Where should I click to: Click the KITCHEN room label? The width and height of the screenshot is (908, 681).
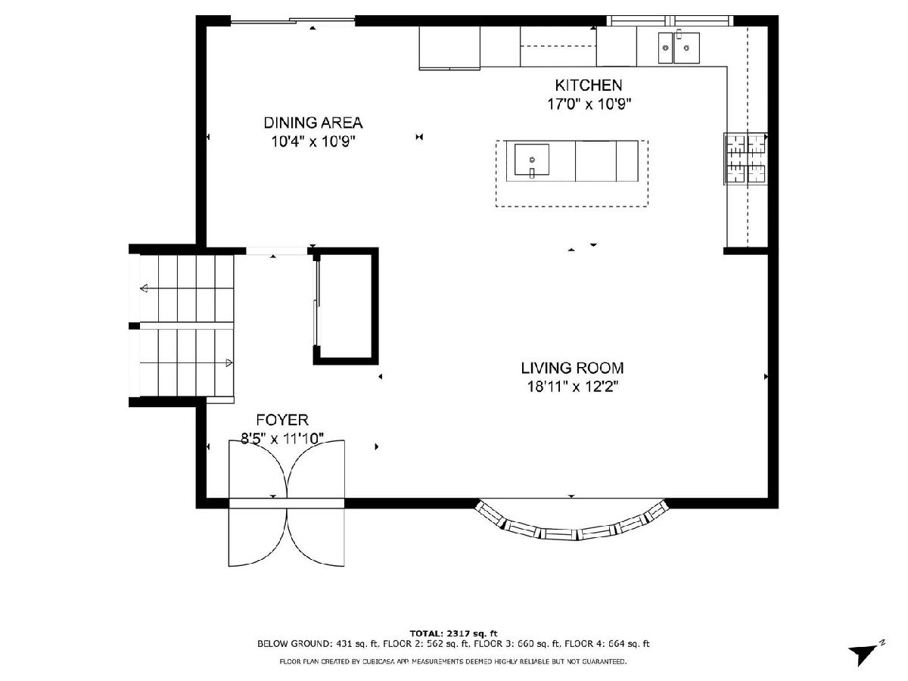[x=588, y=86]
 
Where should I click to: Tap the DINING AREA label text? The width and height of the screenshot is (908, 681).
[x=313, y=123]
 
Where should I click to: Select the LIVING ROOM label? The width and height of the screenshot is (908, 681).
[x=572, y=368]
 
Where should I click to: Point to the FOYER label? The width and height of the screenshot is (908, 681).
[x=282, y=420]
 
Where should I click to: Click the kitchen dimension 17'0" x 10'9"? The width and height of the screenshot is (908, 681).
[x=589, y=104]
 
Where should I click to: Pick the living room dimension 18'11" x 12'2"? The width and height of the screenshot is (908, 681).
[x=573, y=387]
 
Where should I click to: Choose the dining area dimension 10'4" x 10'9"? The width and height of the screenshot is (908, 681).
[x=313, y=141]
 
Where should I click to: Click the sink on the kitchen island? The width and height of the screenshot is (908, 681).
[x=532, y=160]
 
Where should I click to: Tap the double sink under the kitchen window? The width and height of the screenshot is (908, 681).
[x=679, y=48]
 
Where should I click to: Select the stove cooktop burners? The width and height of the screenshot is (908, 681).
[x=745, y=158]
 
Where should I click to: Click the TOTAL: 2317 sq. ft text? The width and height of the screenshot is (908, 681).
[x=453, y=633]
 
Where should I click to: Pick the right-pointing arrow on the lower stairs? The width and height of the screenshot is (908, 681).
[x=187, y=363]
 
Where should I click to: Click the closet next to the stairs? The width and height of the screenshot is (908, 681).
[x=346, y=306]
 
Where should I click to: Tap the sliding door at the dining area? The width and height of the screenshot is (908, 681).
[x=293, y=20]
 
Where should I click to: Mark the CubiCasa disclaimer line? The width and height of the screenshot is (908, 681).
[x=453, y=661]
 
